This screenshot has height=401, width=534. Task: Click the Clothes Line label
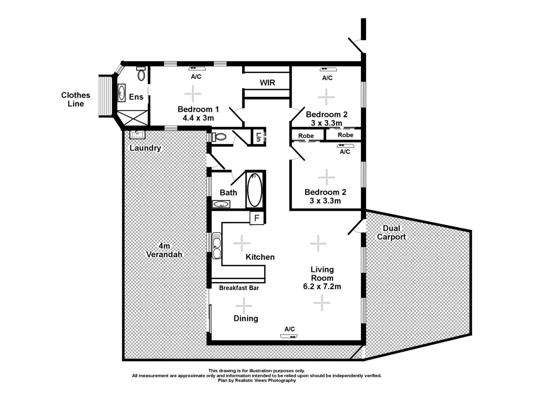75,99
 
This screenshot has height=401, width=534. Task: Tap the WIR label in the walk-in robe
267,83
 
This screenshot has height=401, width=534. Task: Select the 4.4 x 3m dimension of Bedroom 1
198,118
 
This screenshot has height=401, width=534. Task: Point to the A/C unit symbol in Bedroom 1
196,69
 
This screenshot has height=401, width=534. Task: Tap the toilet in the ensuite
141,74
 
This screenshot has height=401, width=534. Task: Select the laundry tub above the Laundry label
137,134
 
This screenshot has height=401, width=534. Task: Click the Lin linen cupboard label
258,137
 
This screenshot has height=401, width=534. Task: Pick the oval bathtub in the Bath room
255,190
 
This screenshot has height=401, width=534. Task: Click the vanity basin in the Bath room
221,204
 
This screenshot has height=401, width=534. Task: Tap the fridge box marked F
257,218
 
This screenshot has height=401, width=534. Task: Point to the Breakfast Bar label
239,288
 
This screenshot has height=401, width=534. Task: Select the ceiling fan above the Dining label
243,306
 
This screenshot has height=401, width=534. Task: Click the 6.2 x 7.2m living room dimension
322,286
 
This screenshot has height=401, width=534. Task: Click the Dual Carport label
391,233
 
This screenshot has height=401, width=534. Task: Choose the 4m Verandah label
164,250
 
